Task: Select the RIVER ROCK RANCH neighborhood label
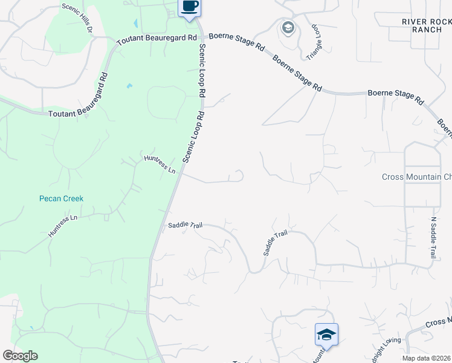pyautogui.click(x=427, y=25)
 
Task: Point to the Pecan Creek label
pyautogui.click(x=61, y=198)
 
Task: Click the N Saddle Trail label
pyautogui.click(x=433, y=238)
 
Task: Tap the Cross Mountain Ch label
pyautogui.click(x=416, y=177)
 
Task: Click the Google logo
pyautogui.click(x=20, y=356)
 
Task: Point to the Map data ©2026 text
pyautogui.click(x=425, y=358)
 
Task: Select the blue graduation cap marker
pyautogui.click(x=326, y=334)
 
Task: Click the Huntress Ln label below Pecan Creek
pyautogui.click(x=63, y=224)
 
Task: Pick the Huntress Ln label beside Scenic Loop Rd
pyautogui.click(x=160, y=165)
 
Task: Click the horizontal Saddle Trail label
pyautogui.click(x=185, y=225)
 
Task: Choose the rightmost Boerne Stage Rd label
pyautogui.click(x=395, y=96)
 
